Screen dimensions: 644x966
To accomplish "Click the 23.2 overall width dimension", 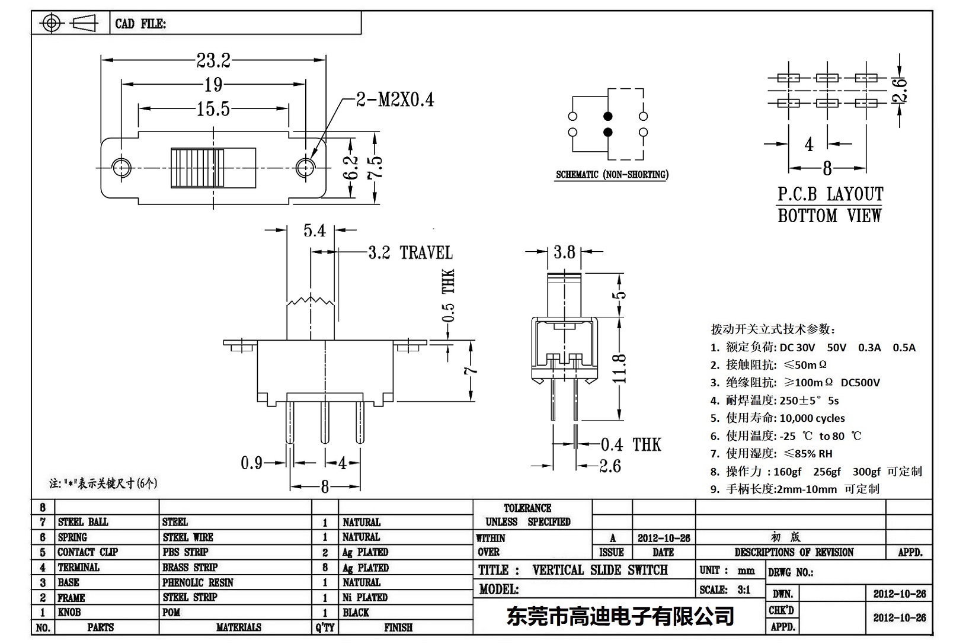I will pyautogui.click(x=213, y=60).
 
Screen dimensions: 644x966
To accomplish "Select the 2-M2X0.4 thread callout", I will pyautogui.click(x=395, y=100).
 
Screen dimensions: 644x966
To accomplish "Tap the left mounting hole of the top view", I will pyautogui.click(x=122, y=168).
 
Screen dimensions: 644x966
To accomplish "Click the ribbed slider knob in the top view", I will pyautogui.click(x=198, y=168).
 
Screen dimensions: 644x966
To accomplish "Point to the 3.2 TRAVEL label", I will pyautogui.click(x=410, y=253).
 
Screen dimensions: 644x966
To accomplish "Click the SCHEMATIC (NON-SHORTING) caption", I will pyautogui.click(x=612, y=175).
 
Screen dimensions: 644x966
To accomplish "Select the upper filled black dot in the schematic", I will pyautogui.click(x=607, y=116).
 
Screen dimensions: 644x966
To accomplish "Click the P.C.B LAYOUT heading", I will pyautogui.click(x=830, y=194).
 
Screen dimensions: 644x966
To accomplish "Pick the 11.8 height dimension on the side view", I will pyautogui.click(x=620, y=369).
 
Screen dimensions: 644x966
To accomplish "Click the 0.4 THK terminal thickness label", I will pyautogui.click(x=630, y=444).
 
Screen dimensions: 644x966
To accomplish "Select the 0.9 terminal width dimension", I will pyautogui.click(x=251, y=463).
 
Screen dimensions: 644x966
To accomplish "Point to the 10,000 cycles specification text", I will pyautogui.click(x=812, y=418).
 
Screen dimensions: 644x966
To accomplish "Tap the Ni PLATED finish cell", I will pyautogui.click(x=364, y=597).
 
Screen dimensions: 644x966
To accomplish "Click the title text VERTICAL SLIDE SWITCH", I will pyautogui.click(x=600, y=570).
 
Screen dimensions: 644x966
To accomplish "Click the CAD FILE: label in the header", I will pyautogui.click(x=140, y=24).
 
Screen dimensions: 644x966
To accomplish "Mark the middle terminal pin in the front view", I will pyautogui.click(x=325, y=422).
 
